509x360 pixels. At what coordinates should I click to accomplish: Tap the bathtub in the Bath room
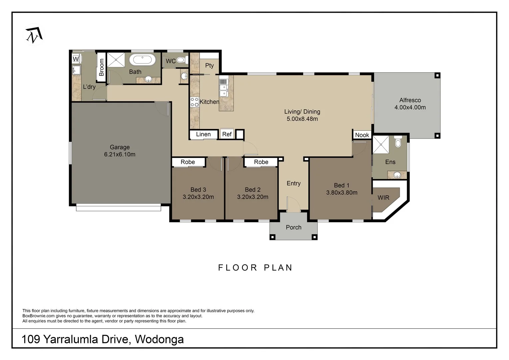pyautogui.click(x=142, y=60)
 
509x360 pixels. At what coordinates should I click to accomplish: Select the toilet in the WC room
pyautogui.click(x=181, y=60)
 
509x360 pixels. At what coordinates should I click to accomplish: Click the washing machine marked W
pyautogui.click(x=76, y=59)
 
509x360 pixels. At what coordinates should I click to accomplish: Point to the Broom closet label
pyautogui.click(x=102, y=67)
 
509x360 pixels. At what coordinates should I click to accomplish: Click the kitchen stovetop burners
pyautogui.click(x=195, y=102)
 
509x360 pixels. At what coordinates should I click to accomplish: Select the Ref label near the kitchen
pyautogui.click(x=227, y=134)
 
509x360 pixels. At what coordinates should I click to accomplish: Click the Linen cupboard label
pyautogui.click(x=203, y=134)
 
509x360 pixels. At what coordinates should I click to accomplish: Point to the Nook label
pyautogui.click(x=362, y=135)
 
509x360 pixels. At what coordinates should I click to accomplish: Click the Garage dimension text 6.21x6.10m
pyautogui.click(x=120, y=154)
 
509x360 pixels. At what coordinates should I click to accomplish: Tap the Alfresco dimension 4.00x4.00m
pyautogui.click(x=410, y=107)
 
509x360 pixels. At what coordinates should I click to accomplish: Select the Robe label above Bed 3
pyautogui.click(x=188, y=162)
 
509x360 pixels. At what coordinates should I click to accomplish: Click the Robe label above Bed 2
pyautogui.click(x=261, y=162)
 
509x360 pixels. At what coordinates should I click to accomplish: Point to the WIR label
pyautogui.click(x=383, y=198)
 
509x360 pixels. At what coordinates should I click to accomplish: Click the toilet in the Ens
pyautogui.click(x=398, y=142)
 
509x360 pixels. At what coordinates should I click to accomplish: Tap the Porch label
pyautogui.click(x=293, y=227)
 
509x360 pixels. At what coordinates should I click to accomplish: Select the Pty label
pyautogui.click(x=210, y=65)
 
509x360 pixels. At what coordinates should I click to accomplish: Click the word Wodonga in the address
pyautogui.click(x=159, y=339)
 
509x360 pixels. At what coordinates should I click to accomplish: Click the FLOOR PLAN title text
pyautogui.click(x=255, y=268)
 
